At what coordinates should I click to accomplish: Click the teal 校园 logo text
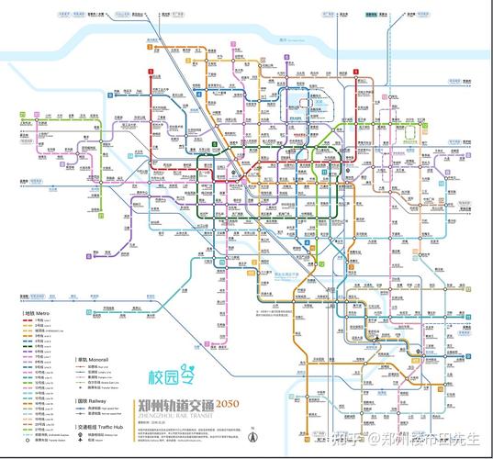[164, 377]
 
